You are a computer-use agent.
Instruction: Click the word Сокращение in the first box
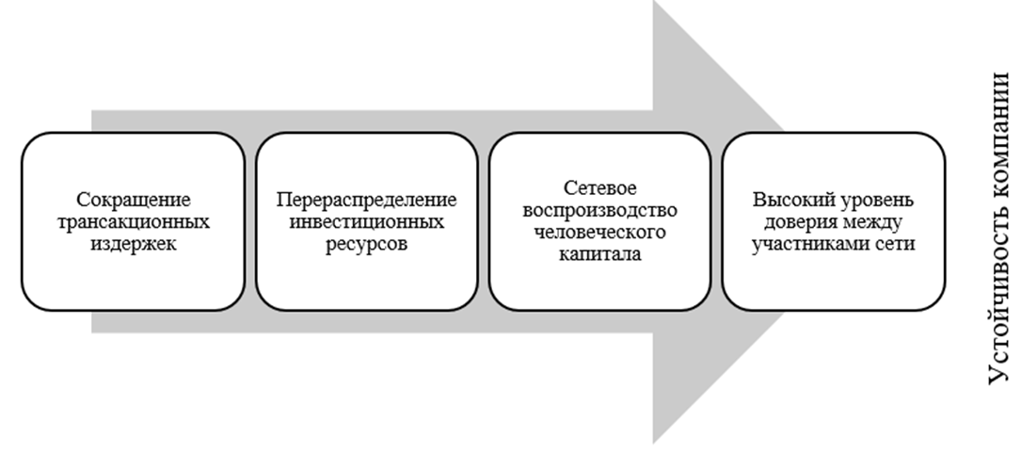pyautogui.click(x=133, y=201)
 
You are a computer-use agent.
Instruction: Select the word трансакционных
pyautogui.click(x=133, y=223)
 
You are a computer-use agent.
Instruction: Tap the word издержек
pyautogui.click(x=133, y=245)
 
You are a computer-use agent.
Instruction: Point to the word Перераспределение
pyautogui.click(x=366, y=201)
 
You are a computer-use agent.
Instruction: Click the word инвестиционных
pyautogui.click(x=366, y=223)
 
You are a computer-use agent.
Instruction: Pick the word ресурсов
pyautogui.click(x=366, y=245)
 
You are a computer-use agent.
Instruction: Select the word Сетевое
pyautogui.click(x=599, y=188)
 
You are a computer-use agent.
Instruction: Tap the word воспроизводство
pyautogui.click(x=599, y=210)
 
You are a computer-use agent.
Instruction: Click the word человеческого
pyautogui.click(x=599, y=232)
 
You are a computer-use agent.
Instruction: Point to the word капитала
pyautogui.click(x=599, y=253)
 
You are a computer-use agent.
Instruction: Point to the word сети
pyautogui.click(x=900, y=245)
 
